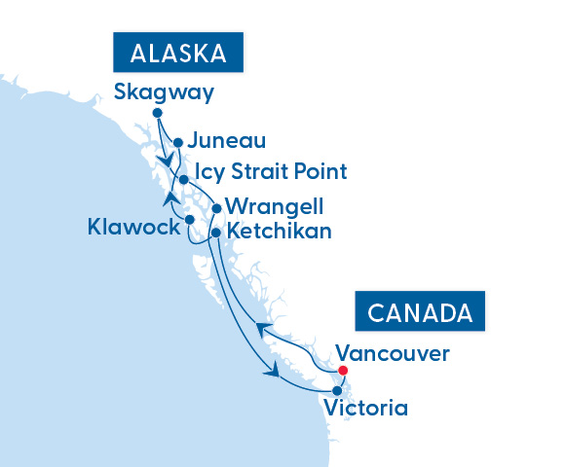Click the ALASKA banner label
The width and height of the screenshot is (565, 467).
[x=178, y=53]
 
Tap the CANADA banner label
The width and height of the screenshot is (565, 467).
[x=422, y=313]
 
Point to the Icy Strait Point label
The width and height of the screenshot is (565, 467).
[x=271, y=172]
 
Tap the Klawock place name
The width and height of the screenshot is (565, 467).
[x=132, y=228]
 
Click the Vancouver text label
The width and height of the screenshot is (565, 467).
[x=393, y=353]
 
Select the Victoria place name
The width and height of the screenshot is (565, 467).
[x=367, y=408]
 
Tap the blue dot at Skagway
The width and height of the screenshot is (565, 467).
[x=158, y=113]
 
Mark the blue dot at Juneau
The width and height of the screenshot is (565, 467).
[x=178, y=142]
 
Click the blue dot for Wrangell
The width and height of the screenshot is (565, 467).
[x=216, y=207]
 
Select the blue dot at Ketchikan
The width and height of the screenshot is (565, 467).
[x=216, y=233]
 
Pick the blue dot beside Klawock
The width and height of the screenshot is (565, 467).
[x=191, y=220]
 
